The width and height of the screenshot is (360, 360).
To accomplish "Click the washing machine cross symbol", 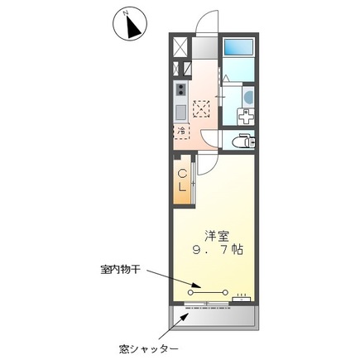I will point(203,106).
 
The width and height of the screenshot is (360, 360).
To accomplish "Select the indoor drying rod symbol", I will point(209,291).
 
